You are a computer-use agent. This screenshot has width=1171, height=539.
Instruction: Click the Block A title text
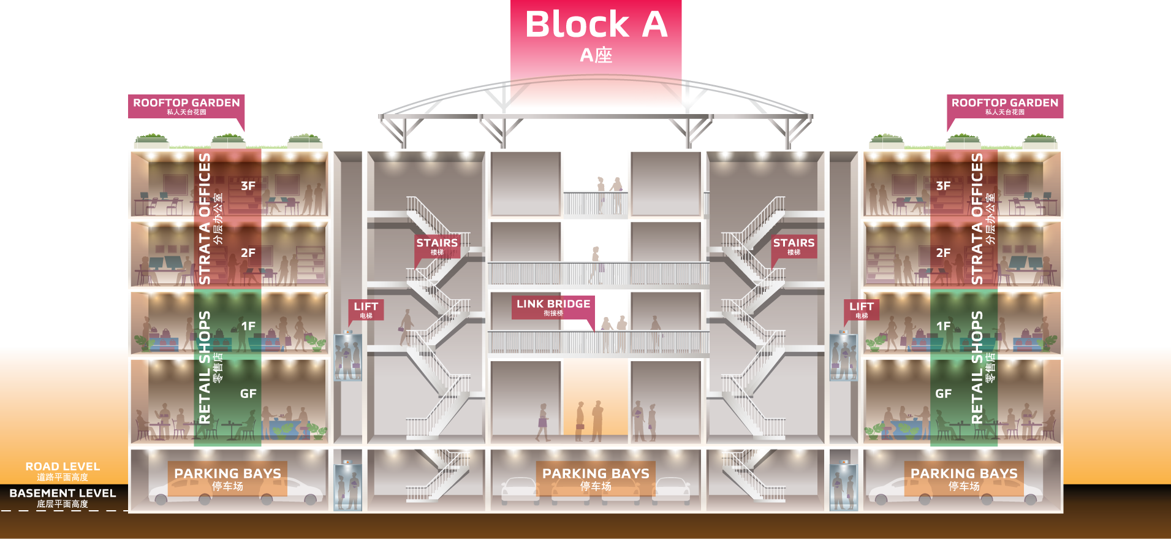(x=596, y=25)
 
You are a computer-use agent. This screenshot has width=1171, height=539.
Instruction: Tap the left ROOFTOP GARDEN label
(x=186, y=105)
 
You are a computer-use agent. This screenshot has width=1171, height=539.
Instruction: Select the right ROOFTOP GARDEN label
(x=1005, y=105)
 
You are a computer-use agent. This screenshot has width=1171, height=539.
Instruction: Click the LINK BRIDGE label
(x=553, y=307)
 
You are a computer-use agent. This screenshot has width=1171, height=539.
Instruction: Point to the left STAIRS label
(x=437, y=246)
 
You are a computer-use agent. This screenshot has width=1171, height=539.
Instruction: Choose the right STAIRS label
(x=794, y=246)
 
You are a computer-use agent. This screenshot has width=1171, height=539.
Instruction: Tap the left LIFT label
(x=366, y=310)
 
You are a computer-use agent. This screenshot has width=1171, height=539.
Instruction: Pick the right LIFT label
(x=862, y=310)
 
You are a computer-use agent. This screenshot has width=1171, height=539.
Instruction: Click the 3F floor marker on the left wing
(x=248, y=186)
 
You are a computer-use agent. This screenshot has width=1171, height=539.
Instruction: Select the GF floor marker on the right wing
(x=944, y=394)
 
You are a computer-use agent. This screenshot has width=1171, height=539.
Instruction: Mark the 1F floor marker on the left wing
(x=248, y=326)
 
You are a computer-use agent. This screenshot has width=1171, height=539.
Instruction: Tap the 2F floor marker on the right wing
(x=944, y=253)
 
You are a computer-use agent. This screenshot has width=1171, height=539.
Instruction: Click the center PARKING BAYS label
(x=596, y=478)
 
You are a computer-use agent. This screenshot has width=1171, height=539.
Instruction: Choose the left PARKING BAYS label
(x=228, y=478)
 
